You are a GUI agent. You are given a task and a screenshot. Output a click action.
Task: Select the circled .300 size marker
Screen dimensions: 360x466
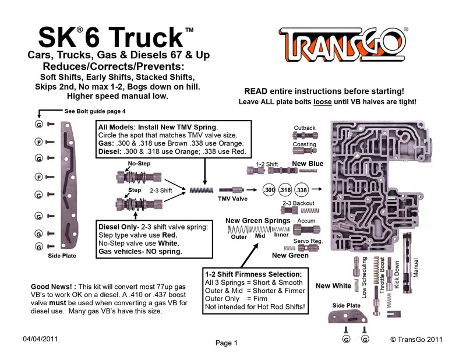[x=269, y=190]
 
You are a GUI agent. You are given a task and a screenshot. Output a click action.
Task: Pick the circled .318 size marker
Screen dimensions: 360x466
[x=285, y=190]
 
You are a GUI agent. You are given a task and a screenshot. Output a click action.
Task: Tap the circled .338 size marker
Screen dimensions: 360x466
[x=302, y=190]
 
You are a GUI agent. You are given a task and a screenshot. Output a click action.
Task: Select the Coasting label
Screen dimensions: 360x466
[x=305, y=144]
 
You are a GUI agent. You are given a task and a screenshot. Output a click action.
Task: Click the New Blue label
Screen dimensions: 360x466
[x=307, y=164]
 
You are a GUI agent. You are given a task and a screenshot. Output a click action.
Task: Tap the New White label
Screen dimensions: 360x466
[x=333, y=285]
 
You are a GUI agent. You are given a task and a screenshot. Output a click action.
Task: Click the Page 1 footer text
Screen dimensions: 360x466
[x=227, y=343]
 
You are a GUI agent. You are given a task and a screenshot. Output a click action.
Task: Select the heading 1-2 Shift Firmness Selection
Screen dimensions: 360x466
[x=253, y=274]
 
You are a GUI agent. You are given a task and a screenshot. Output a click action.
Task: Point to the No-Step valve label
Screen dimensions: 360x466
[x=139, y=164]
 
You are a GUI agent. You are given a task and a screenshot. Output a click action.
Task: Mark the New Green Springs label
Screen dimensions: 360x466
[x=257, y=221]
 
